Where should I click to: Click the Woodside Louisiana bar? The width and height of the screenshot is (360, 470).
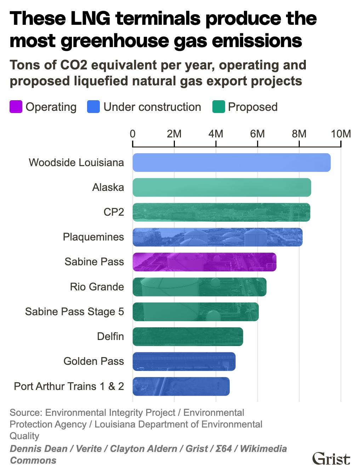coord(232,163)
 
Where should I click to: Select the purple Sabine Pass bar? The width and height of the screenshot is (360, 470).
coord(204,262)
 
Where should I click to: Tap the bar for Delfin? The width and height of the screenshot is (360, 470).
coord(188,336)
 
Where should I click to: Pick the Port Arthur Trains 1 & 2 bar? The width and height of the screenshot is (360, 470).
coord(181,386)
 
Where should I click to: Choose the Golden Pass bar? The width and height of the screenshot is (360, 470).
coord(184,361)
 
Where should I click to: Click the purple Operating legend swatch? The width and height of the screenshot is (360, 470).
coord(16,107)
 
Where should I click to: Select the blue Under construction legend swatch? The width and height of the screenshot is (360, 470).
coord(93,107)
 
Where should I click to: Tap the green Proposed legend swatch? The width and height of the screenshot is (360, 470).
coord(218,107)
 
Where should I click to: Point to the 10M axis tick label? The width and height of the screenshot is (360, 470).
coord(341,134)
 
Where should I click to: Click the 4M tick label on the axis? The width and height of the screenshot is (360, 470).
coord(216,134)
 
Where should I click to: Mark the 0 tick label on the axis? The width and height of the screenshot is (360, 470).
coord(133,134)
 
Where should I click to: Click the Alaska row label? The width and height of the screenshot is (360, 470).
coord(108,187)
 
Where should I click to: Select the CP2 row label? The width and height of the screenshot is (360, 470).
coord(114,212)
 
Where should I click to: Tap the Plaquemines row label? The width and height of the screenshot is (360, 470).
coord(93,237)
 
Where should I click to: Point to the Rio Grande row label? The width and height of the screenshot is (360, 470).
coord(97,287)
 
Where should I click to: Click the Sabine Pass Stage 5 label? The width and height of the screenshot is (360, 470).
coord(74,312)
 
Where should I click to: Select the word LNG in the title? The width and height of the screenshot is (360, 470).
coord(91,18)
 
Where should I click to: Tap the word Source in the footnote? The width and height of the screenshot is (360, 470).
coord(25,413)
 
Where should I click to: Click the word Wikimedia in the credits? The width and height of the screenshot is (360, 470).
coord(263,449)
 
